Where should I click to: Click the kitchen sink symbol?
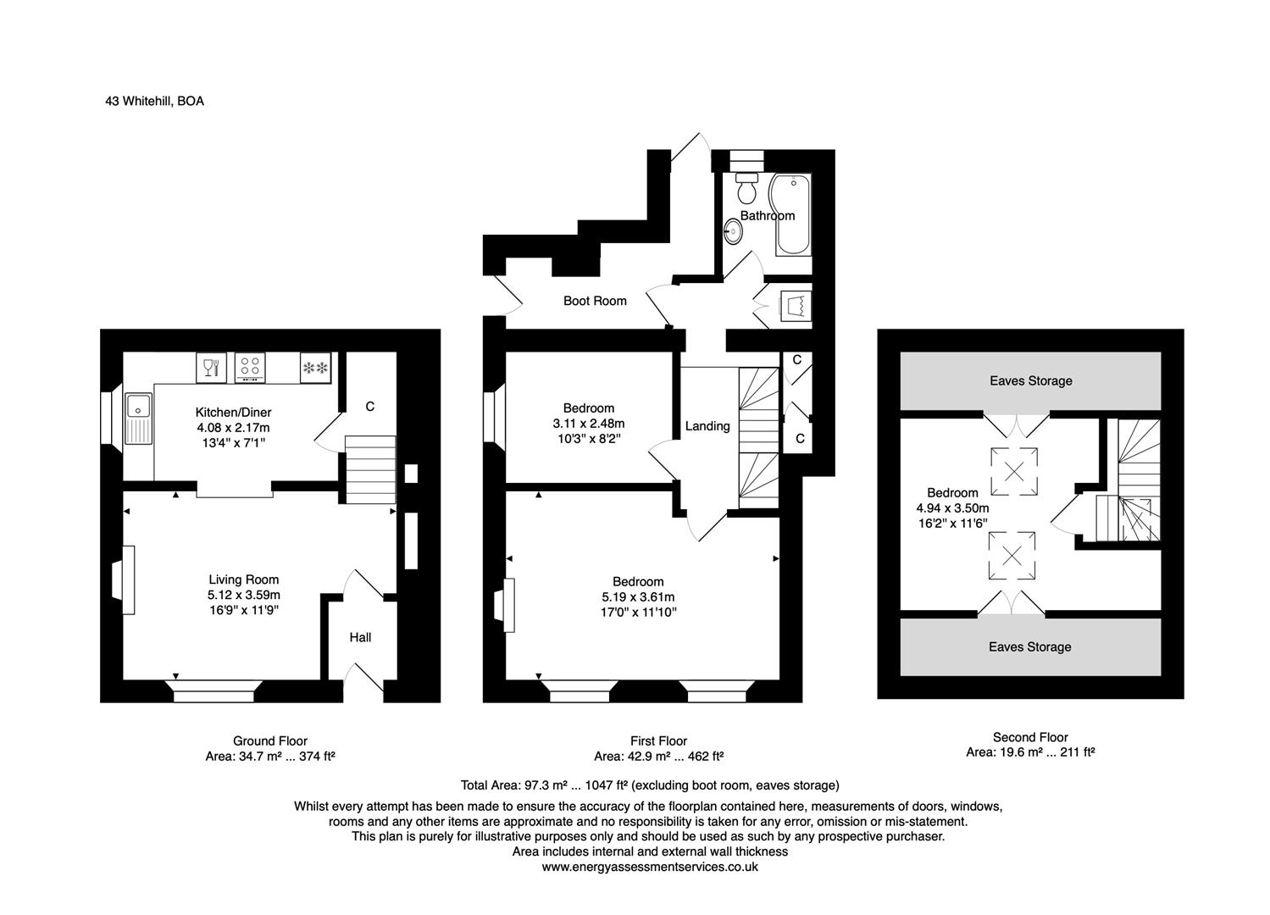tap(137, 419)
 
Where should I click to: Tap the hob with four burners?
tap(250, 368)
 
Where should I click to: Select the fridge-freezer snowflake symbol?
tap(315, 368)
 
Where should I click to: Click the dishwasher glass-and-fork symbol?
tap(210, 368)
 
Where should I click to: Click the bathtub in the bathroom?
tap(794, 214)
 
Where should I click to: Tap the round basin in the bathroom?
tap(733, 230)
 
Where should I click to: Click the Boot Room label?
tap(595, 301)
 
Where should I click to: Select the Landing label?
tap(707, 426)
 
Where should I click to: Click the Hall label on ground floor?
tap(360, 637)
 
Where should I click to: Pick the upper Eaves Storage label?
tap(1030, 381)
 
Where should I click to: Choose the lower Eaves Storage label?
tap(1029, 647)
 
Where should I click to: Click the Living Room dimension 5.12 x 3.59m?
tap(244, 595)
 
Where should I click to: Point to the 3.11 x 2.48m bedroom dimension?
tap(589, 424)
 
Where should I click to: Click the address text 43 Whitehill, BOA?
tap(154, 101)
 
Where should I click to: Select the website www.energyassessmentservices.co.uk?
tap(650, 867)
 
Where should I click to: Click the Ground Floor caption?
tap(270, 741)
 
